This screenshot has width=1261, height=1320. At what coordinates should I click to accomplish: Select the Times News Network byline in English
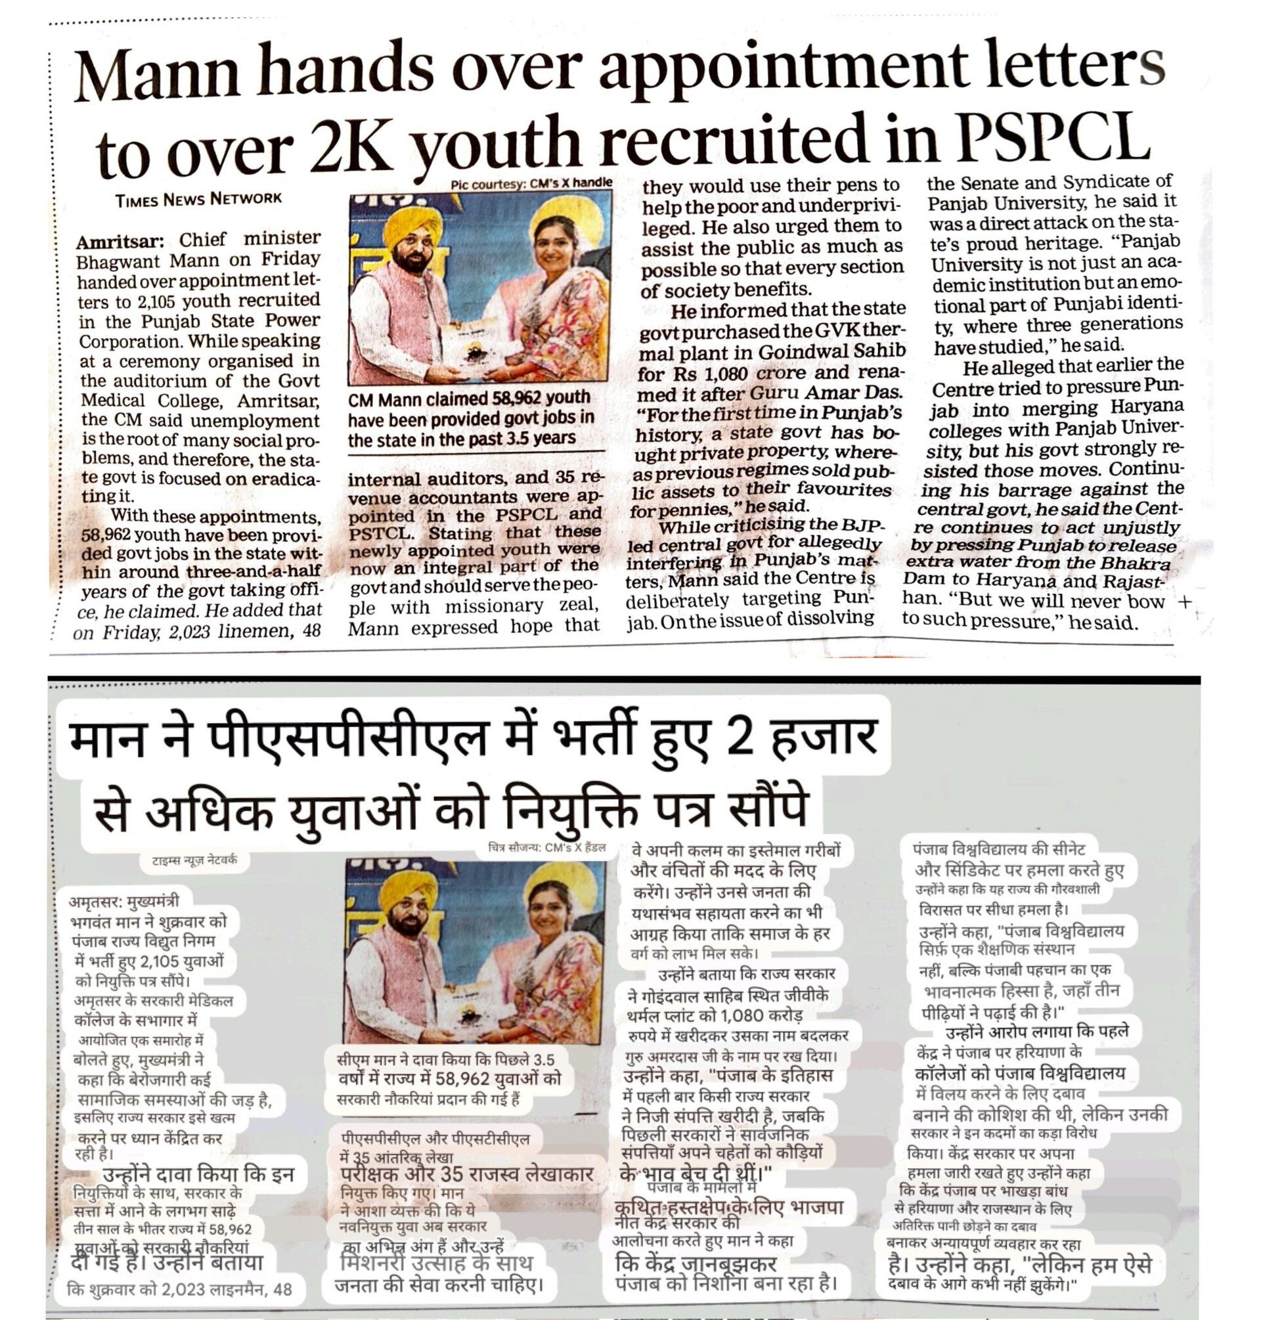(198, 199)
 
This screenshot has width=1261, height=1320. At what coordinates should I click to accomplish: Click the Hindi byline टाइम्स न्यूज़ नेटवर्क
(194, 860)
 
